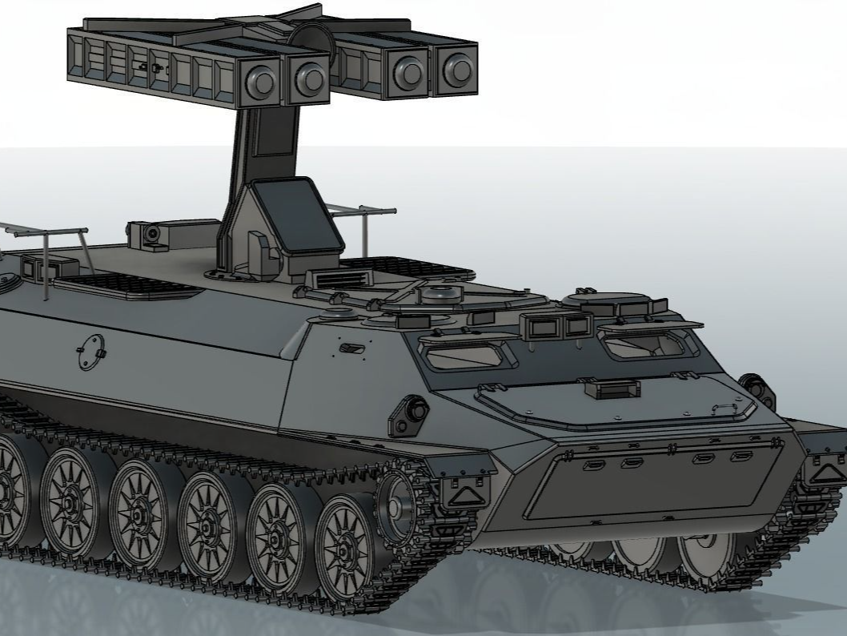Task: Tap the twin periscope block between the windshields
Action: pos(556,324)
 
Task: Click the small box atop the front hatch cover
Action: pos(612,389)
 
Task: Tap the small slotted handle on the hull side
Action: pos(351,348)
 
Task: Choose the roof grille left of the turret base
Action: pos(129,286)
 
